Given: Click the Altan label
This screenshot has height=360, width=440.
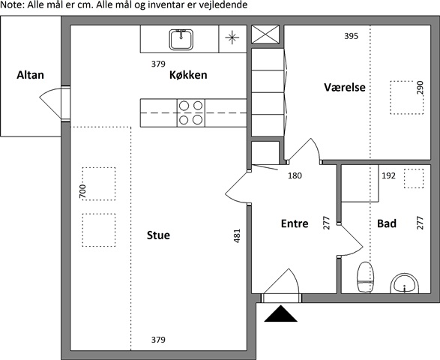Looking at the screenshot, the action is (30, 75).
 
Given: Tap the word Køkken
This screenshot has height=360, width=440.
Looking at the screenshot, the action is (188, 75).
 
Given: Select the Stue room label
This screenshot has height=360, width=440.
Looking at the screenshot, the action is (158, 235).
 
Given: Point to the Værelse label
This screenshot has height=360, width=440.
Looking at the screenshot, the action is (345, 87).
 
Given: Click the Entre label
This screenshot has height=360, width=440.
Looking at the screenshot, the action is (295, 223).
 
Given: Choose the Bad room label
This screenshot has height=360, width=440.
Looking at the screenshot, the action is (387, 223).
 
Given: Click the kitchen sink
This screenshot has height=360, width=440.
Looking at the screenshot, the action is (181, 40).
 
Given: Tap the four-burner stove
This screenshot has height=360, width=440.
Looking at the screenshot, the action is (191, 112).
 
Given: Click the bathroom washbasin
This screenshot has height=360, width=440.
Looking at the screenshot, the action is (404, 283).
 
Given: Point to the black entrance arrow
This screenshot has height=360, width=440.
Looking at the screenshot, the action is (280, 313).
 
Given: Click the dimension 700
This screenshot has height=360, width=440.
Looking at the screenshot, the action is (82, 191).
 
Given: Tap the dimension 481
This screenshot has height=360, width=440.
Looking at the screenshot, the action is (237, 236).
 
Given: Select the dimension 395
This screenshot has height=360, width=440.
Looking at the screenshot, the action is (352, 36).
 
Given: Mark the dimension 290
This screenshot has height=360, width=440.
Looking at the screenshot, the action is (420, 88).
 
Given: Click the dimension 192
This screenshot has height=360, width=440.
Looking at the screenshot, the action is (388, 175).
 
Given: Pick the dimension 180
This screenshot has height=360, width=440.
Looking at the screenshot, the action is (295, 175).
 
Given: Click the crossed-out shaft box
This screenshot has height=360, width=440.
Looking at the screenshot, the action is (265, 34).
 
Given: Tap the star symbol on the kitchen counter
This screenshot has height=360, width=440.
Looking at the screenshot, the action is (232, 37).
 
